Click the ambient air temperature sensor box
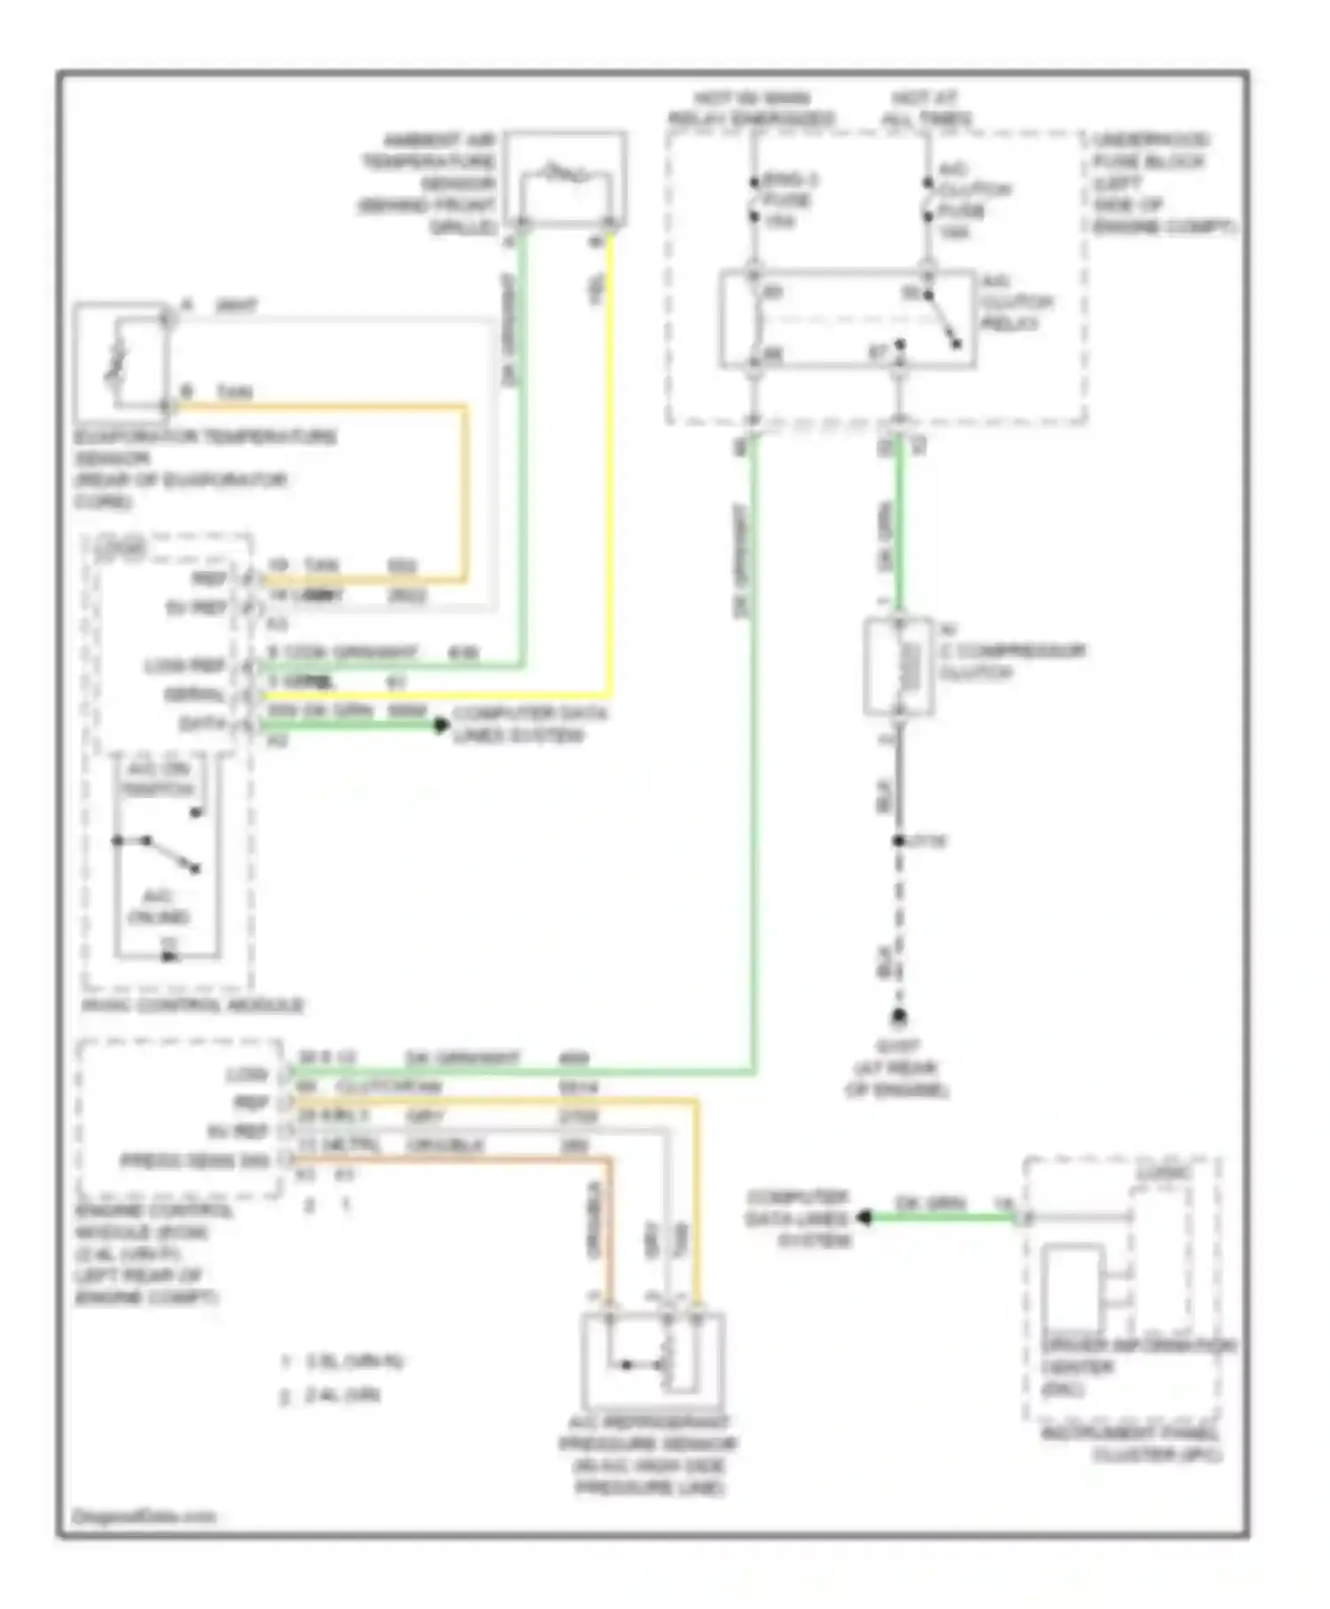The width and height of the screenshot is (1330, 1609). point(566,181)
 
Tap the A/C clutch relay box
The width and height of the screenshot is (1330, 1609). point(847,318)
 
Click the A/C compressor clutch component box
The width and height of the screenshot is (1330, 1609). point(898,667)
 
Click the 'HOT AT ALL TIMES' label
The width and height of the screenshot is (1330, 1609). point(926,108)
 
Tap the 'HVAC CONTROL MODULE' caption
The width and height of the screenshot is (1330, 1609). point(192,1006)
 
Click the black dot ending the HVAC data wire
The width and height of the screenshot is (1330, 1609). point(441,726)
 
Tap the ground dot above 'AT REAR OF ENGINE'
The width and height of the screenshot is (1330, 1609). point(899,1016)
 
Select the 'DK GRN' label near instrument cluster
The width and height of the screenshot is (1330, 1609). point(930,1204)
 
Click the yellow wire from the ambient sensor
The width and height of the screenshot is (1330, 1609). point(610,461)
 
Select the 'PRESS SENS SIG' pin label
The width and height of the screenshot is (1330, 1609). point(194,1161)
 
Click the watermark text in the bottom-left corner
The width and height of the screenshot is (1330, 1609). point(144,1517)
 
